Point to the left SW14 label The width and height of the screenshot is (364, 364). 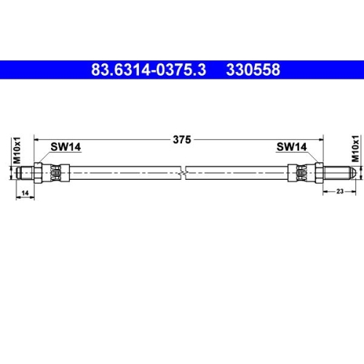[65, 146]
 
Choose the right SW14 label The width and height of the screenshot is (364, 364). [290, 146]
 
